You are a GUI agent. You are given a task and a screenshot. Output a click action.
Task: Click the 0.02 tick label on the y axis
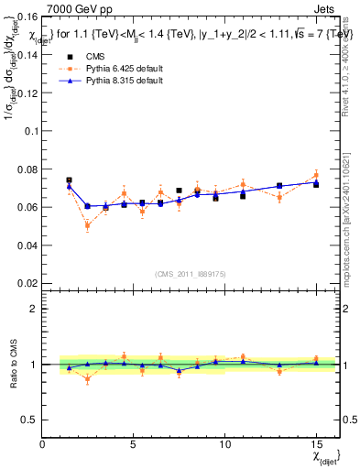coord(28,283)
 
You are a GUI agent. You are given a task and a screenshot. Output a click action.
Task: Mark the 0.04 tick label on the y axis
coord(28,245)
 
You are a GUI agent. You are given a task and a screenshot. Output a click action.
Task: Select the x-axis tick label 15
coord(316,444)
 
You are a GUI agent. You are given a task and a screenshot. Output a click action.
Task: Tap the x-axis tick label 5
coord(134,444)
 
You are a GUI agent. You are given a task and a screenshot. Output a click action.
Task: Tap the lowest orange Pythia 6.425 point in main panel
coord(87,225)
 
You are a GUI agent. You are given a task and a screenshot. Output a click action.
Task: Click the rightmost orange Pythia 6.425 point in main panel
coord(316,175)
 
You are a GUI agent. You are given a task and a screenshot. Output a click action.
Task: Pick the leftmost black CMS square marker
coord(69,180)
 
